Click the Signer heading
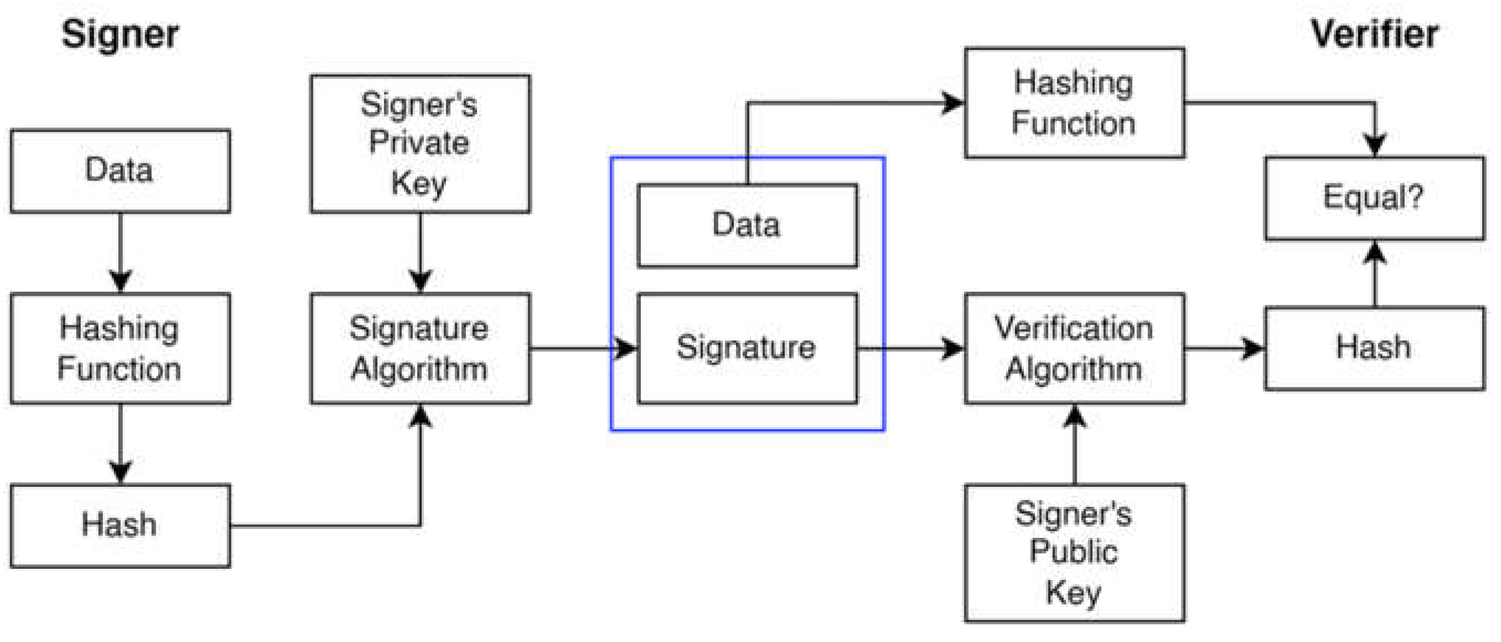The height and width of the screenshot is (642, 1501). [120, 34]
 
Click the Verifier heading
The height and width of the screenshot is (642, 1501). [1374, 34]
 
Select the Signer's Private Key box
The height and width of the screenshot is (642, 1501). [420, 143]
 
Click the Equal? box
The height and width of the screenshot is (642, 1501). [1374, 198]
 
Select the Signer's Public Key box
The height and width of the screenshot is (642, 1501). [1074, 553]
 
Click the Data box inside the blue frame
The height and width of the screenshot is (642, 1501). [747, 225]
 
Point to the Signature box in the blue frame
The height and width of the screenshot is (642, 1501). [747, 348]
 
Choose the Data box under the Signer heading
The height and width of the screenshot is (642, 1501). [120, 171]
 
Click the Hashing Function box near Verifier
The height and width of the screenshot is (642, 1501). [1074, 102]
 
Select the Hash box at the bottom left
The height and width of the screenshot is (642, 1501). [120, 525]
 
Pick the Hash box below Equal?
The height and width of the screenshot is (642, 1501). [1374, 348]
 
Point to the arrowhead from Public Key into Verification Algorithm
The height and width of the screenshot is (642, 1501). [1074, 416]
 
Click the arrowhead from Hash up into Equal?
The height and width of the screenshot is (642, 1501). [1375, 252]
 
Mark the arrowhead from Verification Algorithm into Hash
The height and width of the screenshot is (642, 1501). [1253, 349]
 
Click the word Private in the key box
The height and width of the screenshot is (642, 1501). [419, 143]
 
